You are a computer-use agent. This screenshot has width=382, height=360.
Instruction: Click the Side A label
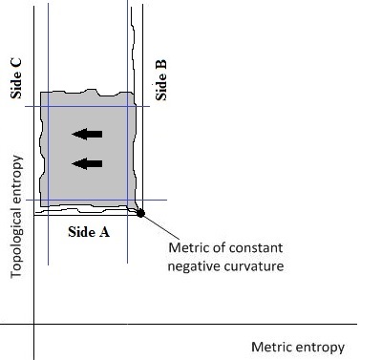click(94, 230)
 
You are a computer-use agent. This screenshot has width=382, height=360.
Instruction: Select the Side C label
click(16, 80)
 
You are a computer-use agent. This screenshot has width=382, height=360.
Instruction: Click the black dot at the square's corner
click(140, 213)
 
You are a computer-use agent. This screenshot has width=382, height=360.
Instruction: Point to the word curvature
click(251, 266)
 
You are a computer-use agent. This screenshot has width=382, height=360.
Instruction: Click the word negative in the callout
click(195, 266)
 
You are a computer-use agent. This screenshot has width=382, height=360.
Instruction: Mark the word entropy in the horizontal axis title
click(319, 347)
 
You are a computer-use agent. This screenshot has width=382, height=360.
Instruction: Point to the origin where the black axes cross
click(33, 326)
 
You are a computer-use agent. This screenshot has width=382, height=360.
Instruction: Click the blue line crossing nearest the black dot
click(130, 201)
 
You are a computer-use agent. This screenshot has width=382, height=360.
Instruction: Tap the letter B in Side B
click(161, 65)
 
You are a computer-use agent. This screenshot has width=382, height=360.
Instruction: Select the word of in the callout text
click(216, 249)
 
